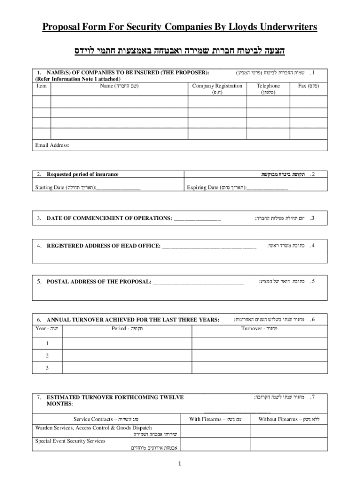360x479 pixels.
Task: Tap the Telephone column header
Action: tap(268, 86)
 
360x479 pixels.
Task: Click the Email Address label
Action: tap(52, 145)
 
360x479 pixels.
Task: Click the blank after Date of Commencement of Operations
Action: tap(197, 218)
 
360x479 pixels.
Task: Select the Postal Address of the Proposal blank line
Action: tap(198, 282)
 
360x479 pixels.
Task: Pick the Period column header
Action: tap(127, 328)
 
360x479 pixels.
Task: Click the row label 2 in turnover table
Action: tap(47, 356)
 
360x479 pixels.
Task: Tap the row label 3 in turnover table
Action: tap(47, 368)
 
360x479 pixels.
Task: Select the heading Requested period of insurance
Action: tap(82, 174)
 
